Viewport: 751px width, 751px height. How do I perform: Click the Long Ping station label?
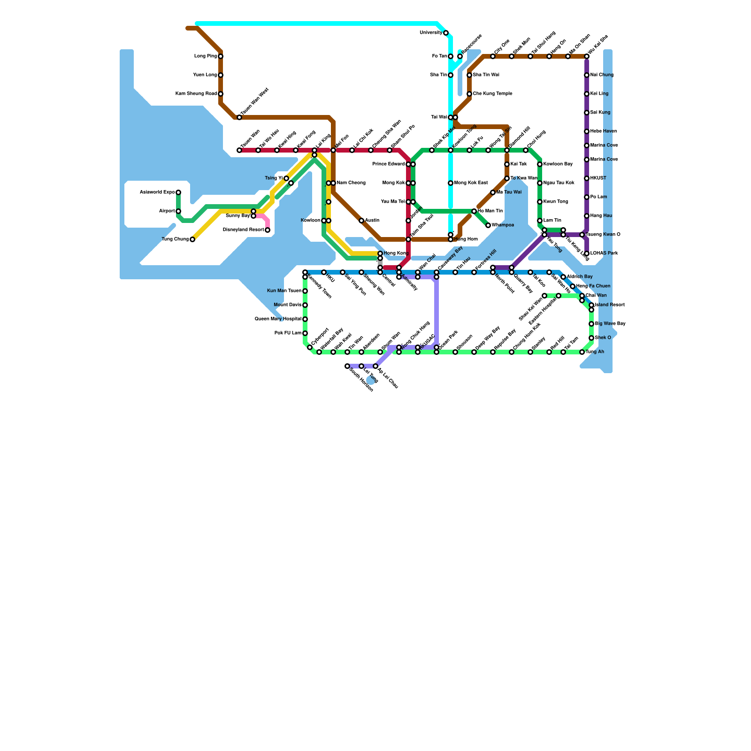pyautogui.click(x=205, y=56)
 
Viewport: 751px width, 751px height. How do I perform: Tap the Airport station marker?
pyautogui.click(x=178, y=211)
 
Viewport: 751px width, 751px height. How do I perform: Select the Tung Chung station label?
pyautogui.click(x=175, y=239)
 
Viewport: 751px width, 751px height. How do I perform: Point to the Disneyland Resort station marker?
pyautogui.click(x=268, y=230)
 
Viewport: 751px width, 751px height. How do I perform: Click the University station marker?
pyautogui.click(x=446, y=33)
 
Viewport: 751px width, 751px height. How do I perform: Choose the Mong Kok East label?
pyautogui.click(x=471, y=183)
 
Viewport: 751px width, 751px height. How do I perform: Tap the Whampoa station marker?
pyautogui.click(x=488, y=225)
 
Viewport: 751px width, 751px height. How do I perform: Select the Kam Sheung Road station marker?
pyautogui.click(x=221, y=94)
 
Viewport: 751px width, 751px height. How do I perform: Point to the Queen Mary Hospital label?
pyautogui.click(x=278, y=319)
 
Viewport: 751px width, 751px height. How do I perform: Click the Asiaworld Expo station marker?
pyautogui.click(x=178, y=192)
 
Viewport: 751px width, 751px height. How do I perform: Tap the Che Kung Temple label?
pyautogui.click(x=492, y=94)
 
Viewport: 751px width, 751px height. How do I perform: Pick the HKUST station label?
pyautogui.click(x=598, y=178)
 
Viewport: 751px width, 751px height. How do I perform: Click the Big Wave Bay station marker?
pyautogui.click(x=591, y=324)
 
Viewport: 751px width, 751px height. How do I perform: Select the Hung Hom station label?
pyautogui.click(x=466, y=239)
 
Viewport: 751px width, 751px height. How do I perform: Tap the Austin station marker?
pyautogui.click(x=361, y=221)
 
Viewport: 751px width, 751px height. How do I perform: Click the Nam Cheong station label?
pyautogui.click(x=351, y=183)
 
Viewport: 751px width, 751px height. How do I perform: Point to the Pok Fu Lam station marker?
pyautogui.click(x=305, y=333)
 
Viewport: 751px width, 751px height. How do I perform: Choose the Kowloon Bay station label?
pyautogui.click(x=558, y=164)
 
